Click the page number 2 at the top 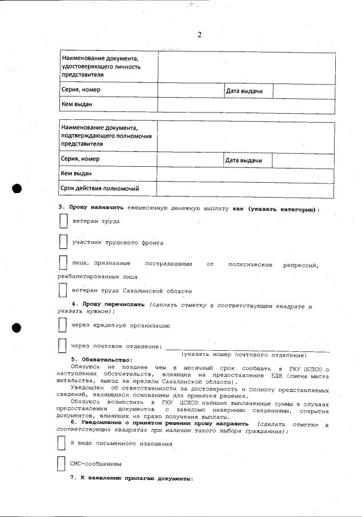tap(199, 35)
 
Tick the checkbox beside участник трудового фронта tap(63, 242)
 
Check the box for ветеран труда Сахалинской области tap(63, 290)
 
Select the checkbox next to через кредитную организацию tap(62, 325)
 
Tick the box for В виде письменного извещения tap(61, 443)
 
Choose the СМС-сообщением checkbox tap(61, 464)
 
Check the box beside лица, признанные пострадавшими tap(63, 263)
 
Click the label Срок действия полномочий tap(99, 188)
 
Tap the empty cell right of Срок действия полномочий tap(246, 188)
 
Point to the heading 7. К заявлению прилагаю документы tap(132, 478)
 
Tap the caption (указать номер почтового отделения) tap(243, 355)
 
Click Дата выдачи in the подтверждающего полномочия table tap(244, 161)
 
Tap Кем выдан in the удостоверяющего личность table tap(77, 105)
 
